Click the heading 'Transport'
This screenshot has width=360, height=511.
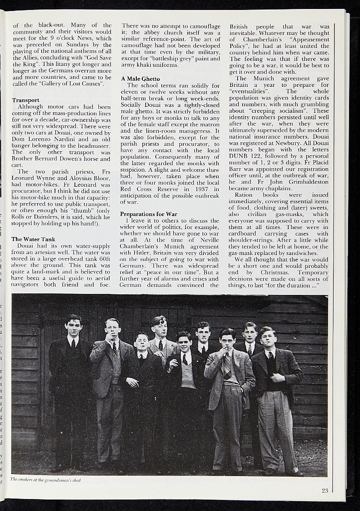tap(25, 100)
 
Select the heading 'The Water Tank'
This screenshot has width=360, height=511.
tap(33, 240)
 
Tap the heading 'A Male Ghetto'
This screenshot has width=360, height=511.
tap(140, 79)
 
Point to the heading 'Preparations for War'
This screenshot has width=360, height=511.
tap(148, 214)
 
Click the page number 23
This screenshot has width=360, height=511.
tap(325, 491)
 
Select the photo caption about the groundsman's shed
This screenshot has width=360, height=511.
tap(45, 480)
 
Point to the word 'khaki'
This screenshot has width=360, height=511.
tap(144, 65)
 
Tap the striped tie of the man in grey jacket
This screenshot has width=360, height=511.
tap(227, 367)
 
